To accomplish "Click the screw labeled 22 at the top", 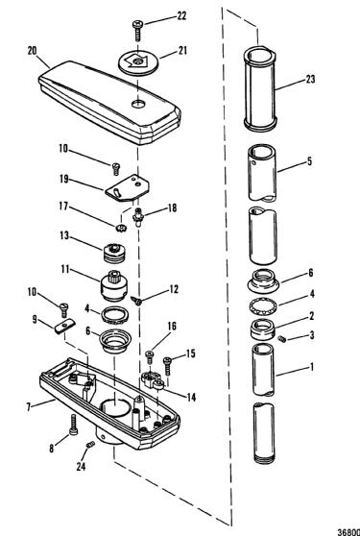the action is click(137, 31).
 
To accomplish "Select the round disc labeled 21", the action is click(138, 62).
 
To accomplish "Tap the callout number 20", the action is click(33, 51).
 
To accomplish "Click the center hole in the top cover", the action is click(138, 103).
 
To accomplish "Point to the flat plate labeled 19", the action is click(128, 187).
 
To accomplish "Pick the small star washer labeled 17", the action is click(122, 227).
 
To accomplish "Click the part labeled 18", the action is click(138, 216).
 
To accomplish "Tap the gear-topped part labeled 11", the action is click(113, 285).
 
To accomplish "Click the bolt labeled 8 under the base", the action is click(73, 425).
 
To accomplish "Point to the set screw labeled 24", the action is click(90, 445).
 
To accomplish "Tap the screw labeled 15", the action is click(167, 366).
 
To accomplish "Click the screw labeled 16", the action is click(149, 357).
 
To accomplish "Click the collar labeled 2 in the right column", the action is click(262, 329).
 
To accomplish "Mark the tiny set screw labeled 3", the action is click(282, 339).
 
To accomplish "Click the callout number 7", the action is click(30, 407).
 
